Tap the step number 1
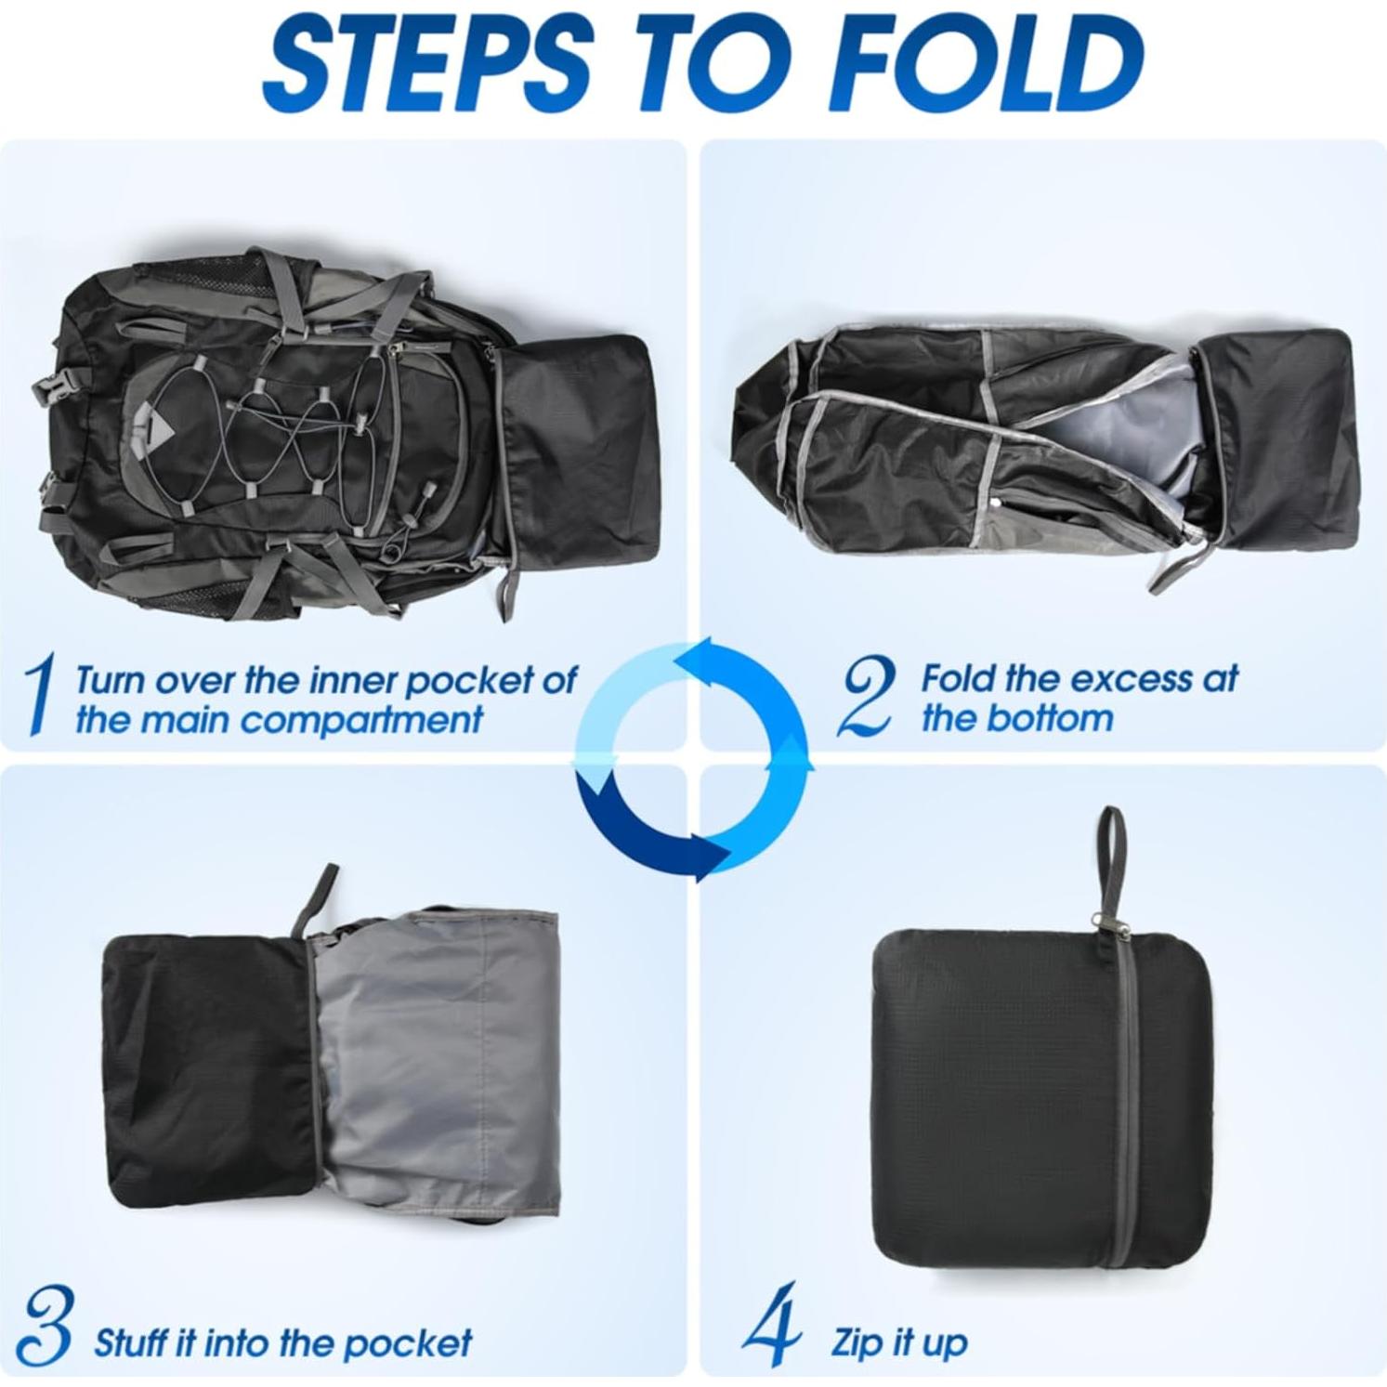tap(39, 694)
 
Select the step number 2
tap(866, 696)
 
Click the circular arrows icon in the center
tap(693, 757)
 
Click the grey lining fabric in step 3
tap(437, 1068)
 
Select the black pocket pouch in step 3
tap(204, 1068)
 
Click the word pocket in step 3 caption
tap(417, 1342)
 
